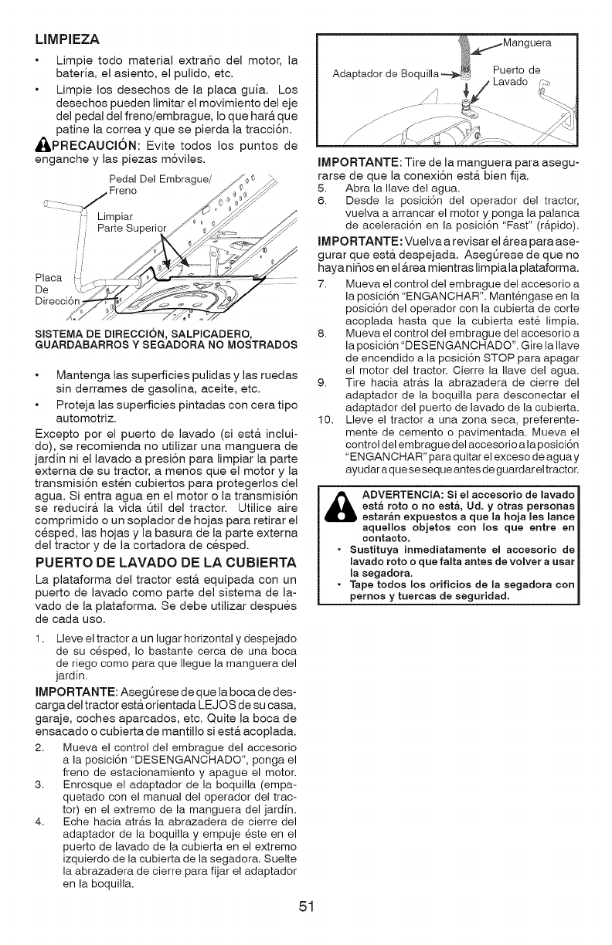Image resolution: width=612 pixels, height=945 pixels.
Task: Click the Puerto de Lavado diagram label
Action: [x=517, y=74]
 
